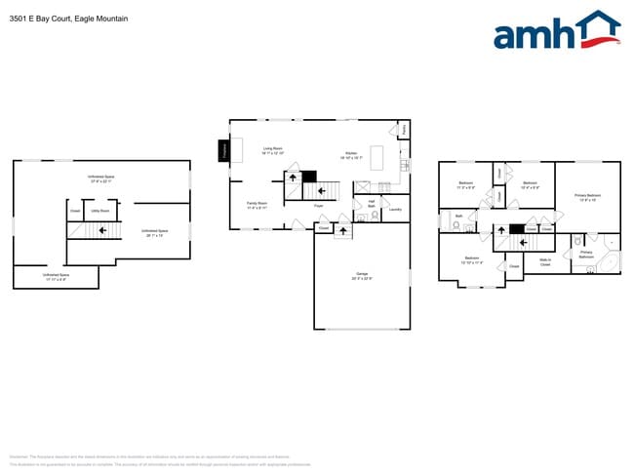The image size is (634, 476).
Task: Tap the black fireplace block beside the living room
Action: tap(223, 150)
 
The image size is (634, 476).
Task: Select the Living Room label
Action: tap(272, 150)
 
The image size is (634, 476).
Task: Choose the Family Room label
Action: tap(258, 205)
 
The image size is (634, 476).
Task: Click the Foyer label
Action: tap(318, 206)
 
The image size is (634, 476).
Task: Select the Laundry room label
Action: tap(395, 209)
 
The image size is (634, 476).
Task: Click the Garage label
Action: tap(361, 276)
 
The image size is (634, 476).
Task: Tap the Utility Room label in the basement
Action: tap(99, 210)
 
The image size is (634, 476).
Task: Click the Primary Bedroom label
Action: tap(587, 197)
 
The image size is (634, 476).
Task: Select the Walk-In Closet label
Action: tap(545, 262)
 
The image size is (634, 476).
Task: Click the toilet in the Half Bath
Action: tap(361, 218)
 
